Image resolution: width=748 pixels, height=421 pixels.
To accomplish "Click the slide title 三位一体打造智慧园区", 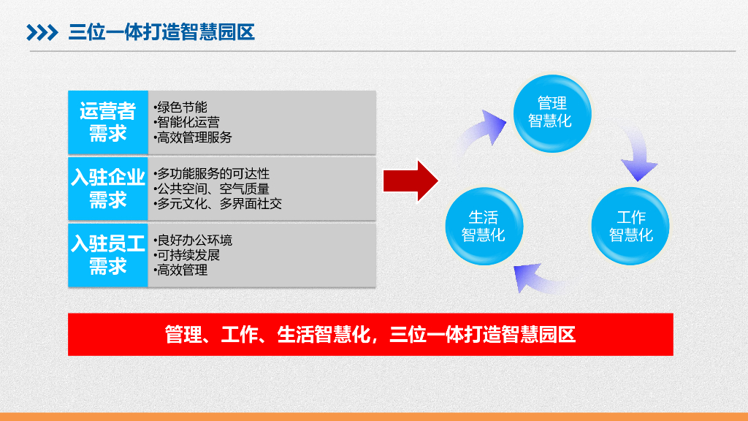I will (161, 32).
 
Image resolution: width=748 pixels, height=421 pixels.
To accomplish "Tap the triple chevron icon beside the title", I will (42, 33).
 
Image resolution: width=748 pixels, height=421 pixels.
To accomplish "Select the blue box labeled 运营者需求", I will (107, 122).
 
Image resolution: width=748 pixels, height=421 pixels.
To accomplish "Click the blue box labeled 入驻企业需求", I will (107, 189).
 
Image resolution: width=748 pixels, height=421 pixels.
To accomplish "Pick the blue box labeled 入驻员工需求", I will (107, 255).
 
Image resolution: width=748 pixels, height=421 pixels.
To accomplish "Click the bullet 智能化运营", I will (188, 122).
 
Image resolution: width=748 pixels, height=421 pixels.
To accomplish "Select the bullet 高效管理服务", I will (194, 137).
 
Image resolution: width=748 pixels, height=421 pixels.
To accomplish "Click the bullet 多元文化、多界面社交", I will (218, 204).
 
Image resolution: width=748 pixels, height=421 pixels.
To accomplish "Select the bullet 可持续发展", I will (188, 255).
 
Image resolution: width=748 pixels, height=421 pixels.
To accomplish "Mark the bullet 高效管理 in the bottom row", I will (182, 270).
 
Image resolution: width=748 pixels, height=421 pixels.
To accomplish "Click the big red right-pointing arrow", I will (411, 180).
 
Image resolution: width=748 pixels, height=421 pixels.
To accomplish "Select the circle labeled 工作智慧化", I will (630, 227).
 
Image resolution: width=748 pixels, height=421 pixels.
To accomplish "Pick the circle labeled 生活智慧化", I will (484, 227).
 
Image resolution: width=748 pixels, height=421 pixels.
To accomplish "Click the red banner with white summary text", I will (370, 335).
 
